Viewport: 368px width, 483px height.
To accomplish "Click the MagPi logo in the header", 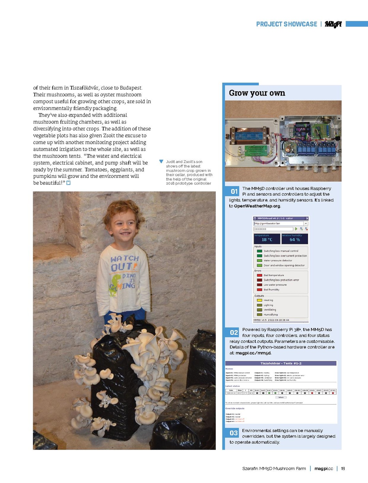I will [333, 24].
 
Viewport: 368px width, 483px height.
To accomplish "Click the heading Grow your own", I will [257, 93].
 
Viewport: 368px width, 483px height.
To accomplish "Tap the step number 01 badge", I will [234, 191].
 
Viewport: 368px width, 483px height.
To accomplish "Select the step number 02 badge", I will [234, 333].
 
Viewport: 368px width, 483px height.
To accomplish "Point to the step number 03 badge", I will [234, 433].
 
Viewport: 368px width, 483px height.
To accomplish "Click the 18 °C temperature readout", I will [267, 239].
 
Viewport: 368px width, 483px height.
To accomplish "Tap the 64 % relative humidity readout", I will [295, 239].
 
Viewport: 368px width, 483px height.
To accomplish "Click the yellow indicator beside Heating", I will [259, 300].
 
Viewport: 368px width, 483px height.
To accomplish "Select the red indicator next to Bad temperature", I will [259, 275].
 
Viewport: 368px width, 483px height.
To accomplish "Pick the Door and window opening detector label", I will [284, 265].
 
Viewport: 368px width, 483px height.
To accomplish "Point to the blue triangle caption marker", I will [161, 162].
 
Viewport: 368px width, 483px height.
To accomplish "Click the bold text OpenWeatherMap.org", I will [257, 206].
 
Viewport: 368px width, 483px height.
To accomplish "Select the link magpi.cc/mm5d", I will [253, 353].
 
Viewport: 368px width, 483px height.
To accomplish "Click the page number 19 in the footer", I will [343, 469].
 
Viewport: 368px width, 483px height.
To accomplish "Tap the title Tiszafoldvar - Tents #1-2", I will [281, 363].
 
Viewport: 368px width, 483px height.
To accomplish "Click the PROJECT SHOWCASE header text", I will [287, 24].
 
